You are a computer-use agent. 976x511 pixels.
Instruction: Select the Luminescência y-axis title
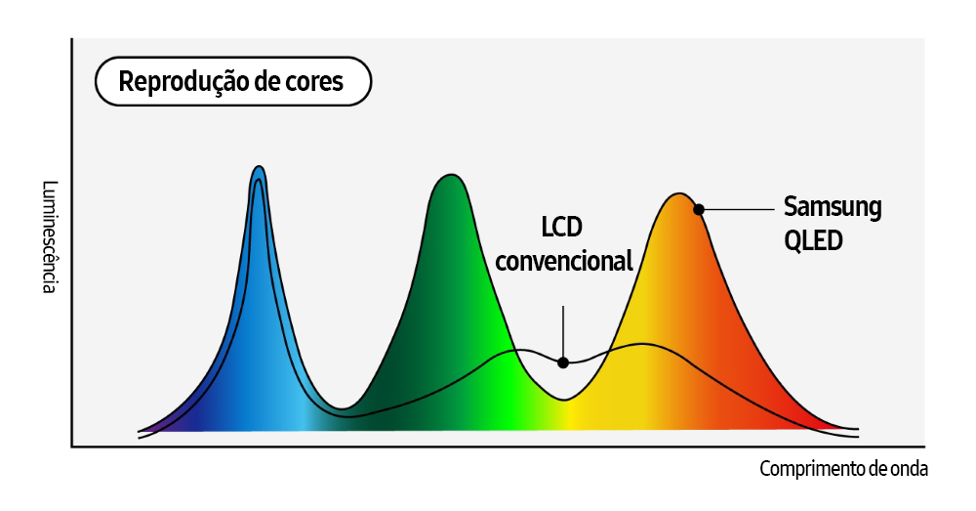coord(50,237)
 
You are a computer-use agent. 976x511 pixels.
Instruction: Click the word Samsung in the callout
coord(833,207)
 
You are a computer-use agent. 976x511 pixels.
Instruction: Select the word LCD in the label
coord(561,228)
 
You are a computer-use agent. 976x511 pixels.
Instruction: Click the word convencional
coord(564,261)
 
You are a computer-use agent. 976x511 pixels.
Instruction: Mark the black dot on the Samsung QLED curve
coord(699,209)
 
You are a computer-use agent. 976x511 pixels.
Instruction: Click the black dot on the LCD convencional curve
coord(563,362)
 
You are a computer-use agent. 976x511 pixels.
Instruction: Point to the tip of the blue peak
coord(259,168)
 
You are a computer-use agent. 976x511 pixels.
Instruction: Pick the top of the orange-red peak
coord(679,194)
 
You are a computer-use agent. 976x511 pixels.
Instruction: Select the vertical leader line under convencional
coord(563,332)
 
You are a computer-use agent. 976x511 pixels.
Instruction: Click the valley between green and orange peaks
coord(563,398)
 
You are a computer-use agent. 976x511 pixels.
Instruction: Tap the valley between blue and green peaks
coord(342,406)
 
